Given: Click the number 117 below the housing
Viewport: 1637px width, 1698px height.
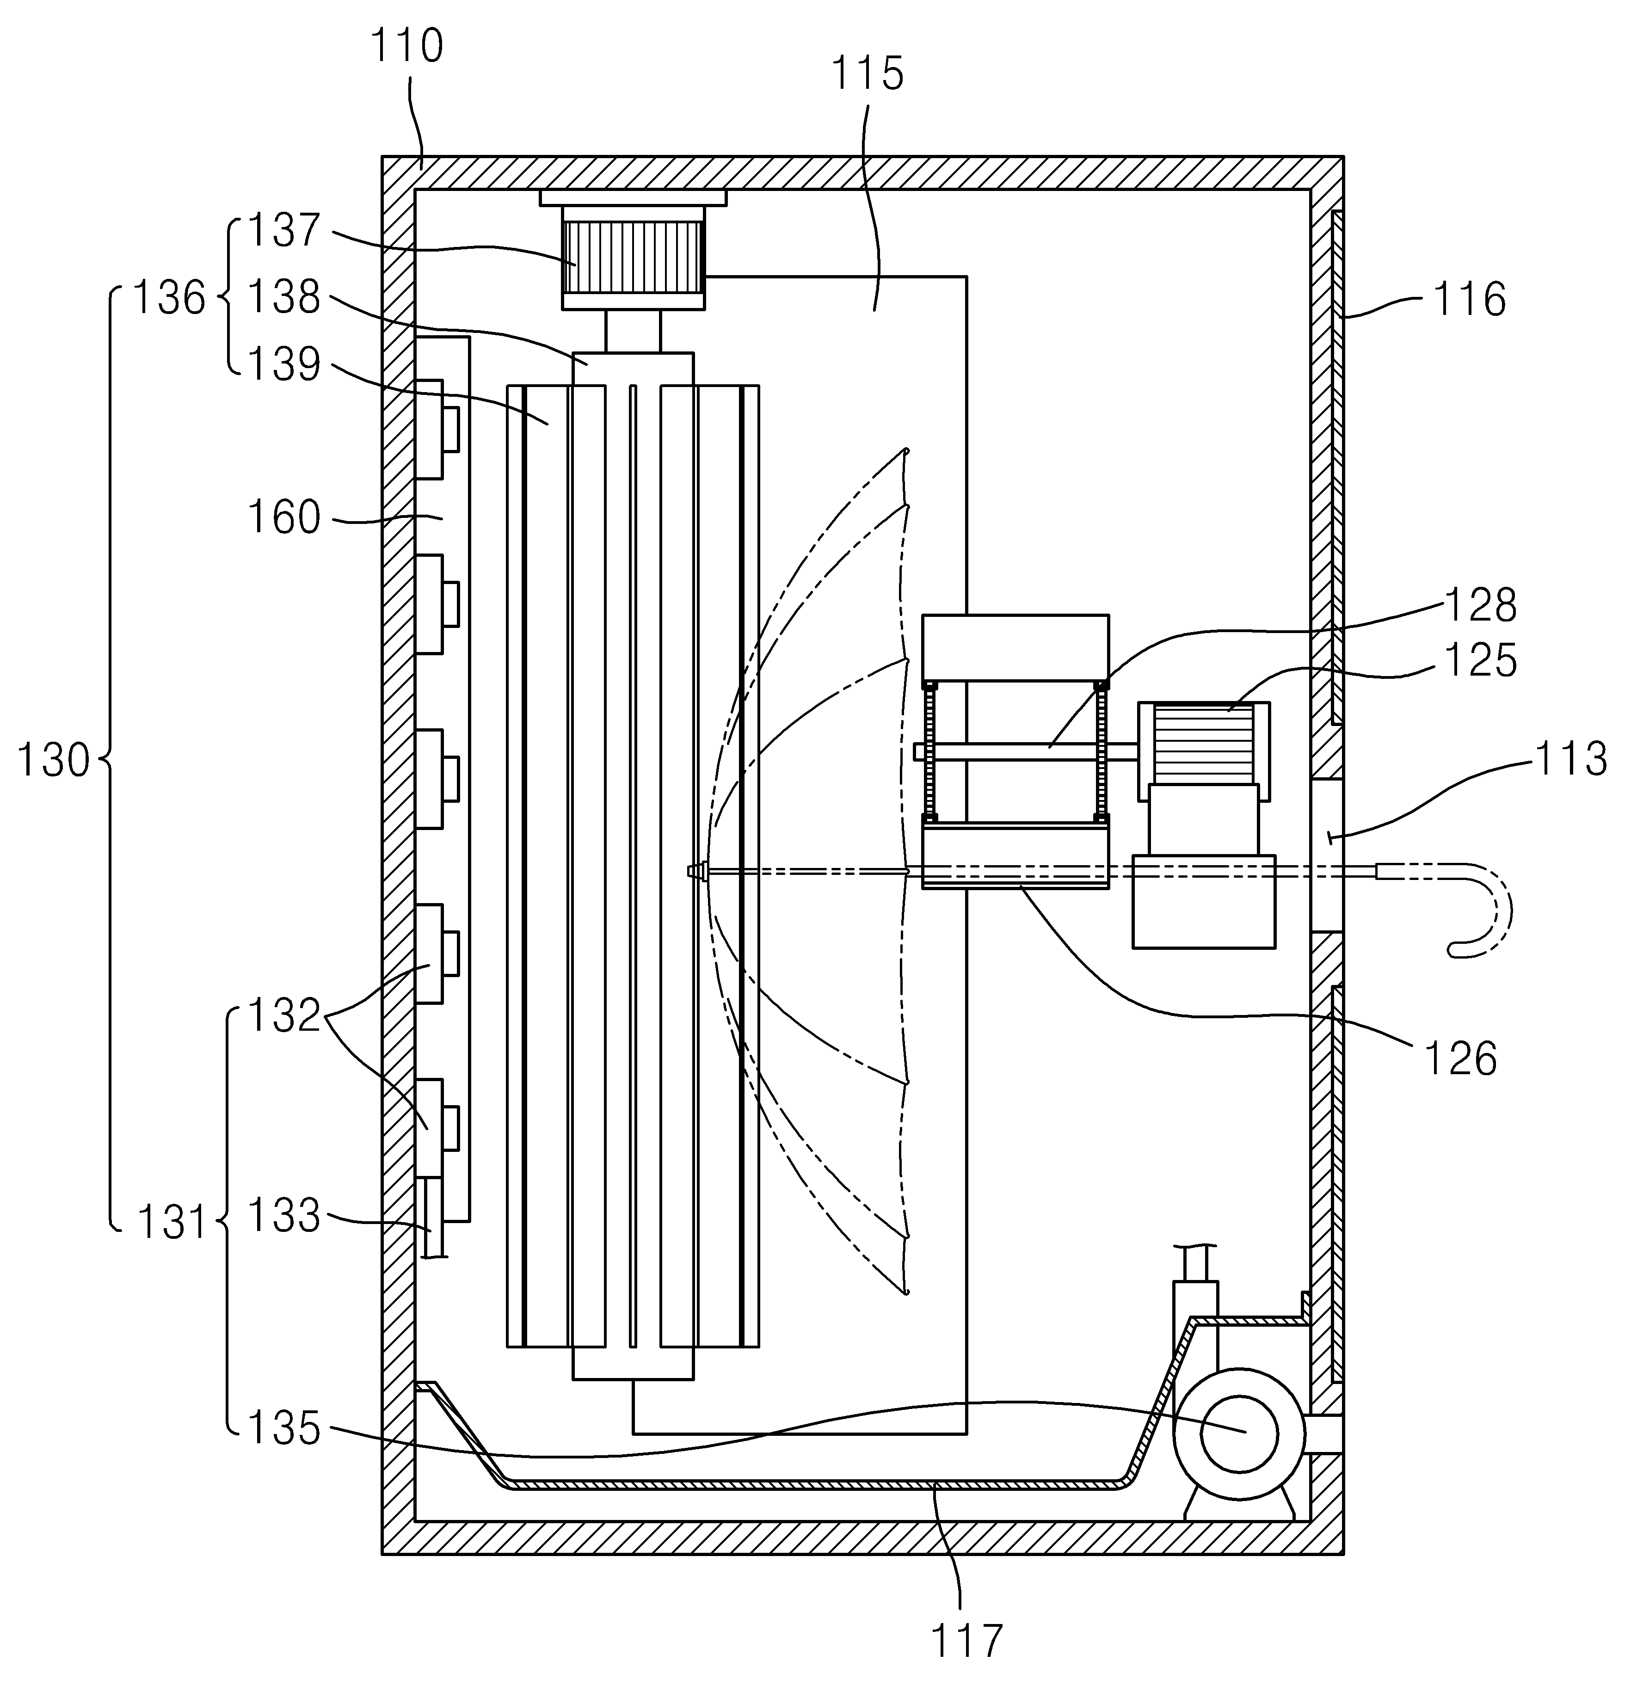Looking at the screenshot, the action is (966, 1640).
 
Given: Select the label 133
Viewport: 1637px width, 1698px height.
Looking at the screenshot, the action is (284, 1215).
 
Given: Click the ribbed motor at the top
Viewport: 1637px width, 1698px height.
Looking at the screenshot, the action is (633, 257).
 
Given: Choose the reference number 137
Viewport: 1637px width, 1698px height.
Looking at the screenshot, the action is (284, 230).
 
